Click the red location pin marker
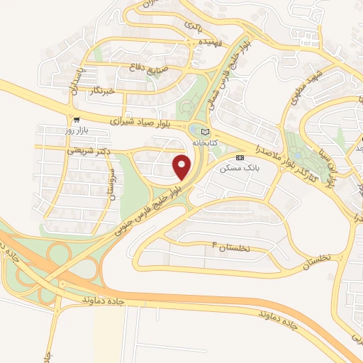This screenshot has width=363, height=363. (182, 167)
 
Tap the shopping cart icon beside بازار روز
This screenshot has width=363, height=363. (76, 120)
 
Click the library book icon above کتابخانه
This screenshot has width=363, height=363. (206, 132)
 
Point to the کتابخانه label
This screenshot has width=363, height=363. (204, 143)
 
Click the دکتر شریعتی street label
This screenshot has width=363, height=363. (67, 150)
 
